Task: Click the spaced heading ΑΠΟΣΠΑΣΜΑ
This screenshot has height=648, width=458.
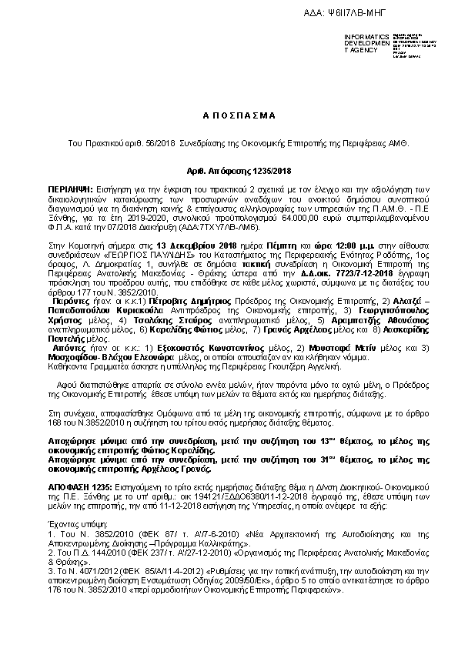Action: point(229,115)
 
